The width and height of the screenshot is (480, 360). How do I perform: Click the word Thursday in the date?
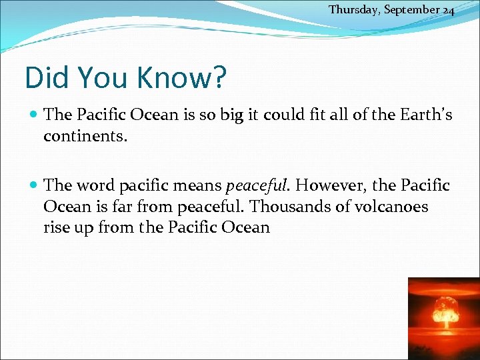coord(351,9)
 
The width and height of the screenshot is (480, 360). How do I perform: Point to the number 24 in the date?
coord(447,9)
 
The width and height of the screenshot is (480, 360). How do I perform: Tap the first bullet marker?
coord(34,115)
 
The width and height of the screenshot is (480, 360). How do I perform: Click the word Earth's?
coord(427,115)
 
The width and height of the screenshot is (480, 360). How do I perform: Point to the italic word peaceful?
coord(255,186)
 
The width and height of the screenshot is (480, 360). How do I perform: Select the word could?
coord(285,115)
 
